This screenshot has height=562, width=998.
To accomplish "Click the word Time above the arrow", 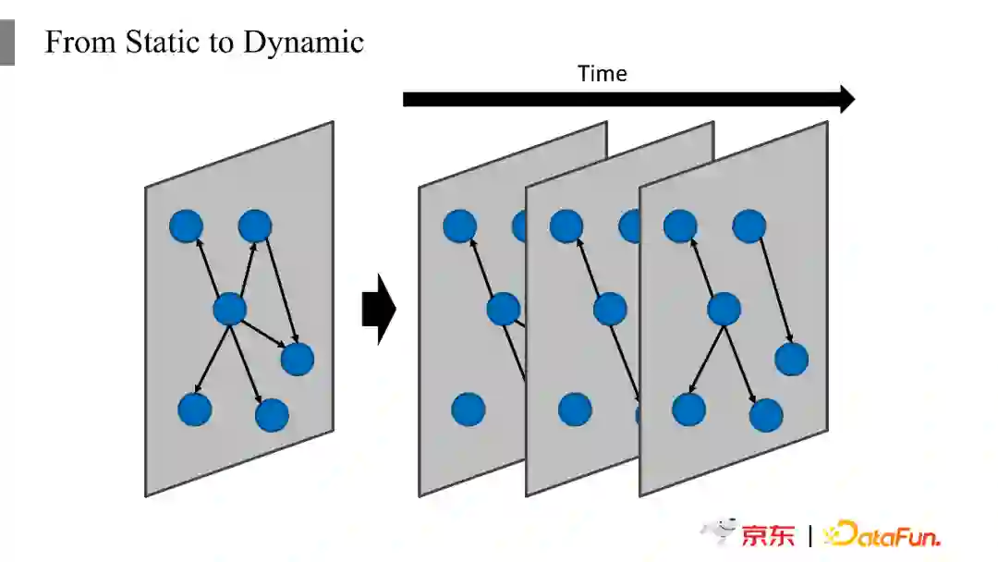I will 602,74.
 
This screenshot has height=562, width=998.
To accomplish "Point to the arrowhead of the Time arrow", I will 846,99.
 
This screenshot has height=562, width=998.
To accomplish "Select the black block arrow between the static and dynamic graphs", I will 378,309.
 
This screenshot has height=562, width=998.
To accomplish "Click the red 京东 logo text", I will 768,535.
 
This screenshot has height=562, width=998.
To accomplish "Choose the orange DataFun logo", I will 882,534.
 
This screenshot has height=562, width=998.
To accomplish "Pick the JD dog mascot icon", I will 718,531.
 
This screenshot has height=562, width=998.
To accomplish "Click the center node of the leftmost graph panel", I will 229,309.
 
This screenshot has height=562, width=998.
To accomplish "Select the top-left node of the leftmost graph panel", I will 186,226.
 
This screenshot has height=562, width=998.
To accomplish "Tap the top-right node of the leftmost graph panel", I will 254,226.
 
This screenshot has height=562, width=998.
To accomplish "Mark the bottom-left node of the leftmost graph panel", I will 194,409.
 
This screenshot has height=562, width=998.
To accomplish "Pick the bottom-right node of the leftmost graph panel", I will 272,415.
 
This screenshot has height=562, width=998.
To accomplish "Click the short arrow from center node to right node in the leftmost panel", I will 265,335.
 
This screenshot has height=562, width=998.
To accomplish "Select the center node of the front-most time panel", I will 724,309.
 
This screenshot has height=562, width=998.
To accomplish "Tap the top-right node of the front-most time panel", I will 748,226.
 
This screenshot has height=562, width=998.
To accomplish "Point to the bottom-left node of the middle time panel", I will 575,409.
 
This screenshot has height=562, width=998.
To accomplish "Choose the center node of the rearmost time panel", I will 504,309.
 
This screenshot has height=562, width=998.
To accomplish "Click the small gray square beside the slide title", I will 6,43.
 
